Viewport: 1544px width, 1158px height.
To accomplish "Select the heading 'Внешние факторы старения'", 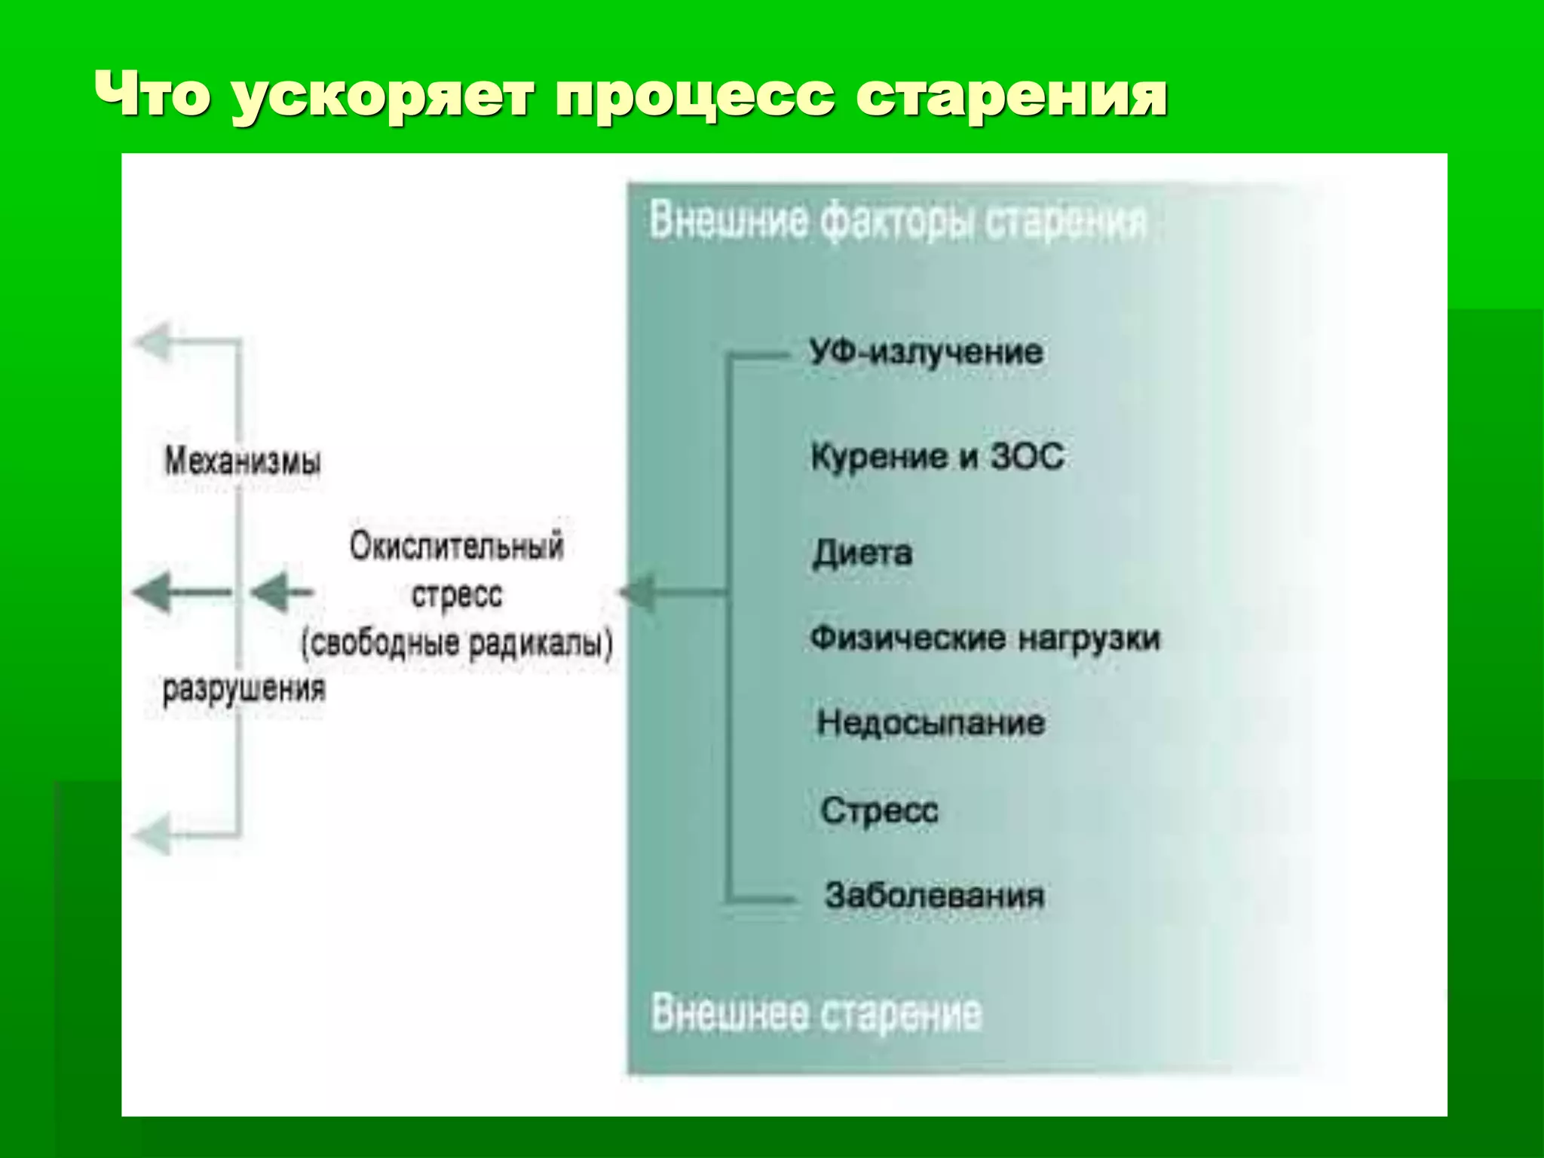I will point(897,222).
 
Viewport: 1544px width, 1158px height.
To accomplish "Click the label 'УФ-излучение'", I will point(927,352).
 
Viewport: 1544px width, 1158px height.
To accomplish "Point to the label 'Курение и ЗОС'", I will point(937,456).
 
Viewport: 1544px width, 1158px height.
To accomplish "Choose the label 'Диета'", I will point(862,553).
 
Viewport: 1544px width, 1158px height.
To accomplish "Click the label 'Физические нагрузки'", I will point(985,638).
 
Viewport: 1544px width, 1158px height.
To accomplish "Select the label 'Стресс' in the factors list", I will point(879,811).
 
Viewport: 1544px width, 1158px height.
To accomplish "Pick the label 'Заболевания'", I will point(935,896).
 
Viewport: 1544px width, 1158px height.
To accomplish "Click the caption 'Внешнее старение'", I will point(816,1012).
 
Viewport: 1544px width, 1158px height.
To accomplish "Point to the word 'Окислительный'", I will point(456,546).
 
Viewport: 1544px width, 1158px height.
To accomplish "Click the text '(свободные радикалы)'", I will point(457,644).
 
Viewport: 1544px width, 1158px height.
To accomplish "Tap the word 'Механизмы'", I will point(242,461).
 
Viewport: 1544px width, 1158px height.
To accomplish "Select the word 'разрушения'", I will point(244,688).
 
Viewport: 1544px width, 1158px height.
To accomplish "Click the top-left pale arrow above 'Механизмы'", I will point(155,341).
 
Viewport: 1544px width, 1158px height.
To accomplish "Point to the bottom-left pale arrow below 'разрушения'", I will point(155,834).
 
